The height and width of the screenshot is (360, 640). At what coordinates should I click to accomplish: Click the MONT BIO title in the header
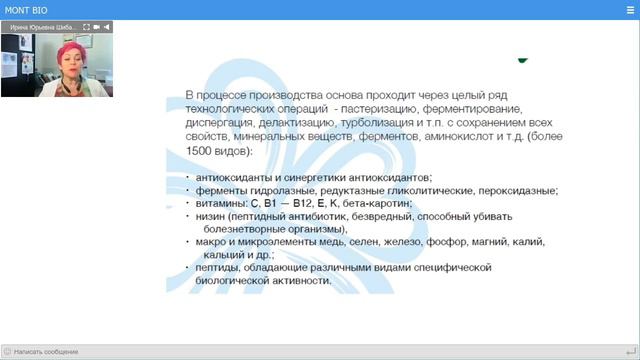pyautogui.click(x=23, y=9)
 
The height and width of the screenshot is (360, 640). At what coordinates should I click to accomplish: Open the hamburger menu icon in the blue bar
pyautogui.click(x=629, y=9)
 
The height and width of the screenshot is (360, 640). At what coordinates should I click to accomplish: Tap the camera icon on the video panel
pyautogui.click(x=96, y=28)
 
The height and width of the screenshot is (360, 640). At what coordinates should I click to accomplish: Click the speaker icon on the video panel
pyautogui.click(x=108, y=28)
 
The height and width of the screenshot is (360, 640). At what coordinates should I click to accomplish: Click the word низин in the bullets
pyautogui.click(x=210, y=215)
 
